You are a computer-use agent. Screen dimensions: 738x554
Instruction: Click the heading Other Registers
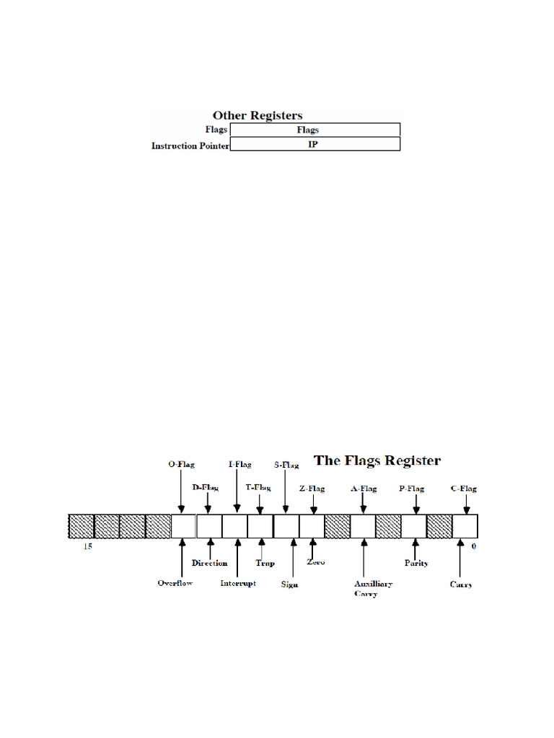257,115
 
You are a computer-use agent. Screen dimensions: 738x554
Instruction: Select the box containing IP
315,144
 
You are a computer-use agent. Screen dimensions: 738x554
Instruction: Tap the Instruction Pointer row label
190,145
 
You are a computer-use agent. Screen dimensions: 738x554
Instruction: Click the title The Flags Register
377,460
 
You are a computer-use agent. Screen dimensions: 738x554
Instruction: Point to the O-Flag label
181,465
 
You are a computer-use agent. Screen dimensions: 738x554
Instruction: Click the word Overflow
175,582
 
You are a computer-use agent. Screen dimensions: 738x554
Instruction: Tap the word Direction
210,563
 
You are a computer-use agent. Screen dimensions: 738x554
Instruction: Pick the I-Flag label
238,465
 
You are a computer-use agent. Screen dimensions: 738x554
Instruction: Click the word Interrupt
238,583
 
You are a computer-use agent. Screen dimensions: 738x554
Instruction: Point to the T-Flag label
258,488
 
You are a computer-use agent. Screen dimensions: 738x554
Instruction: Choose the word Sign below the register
290,584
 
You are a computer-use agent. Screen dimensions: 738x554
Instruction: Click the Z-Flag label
312,488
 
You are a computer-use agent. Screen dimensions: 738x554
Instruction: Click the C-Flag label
463,488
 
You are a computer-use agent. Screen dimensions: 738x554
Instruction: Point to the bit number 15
87,547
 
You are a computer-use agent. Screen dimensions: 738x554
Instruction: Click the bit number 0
473,547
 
